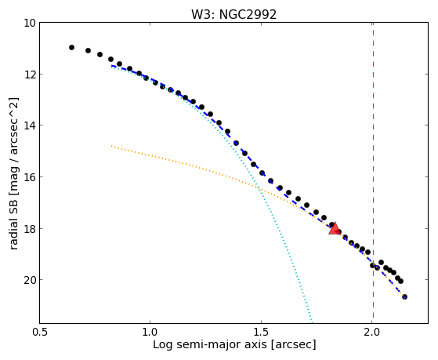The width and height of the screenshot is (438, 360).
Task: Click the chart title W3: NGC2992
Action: click(x=233, y=14)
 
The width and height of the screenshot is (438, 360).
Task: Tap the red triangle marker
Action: click(x=334, y=228)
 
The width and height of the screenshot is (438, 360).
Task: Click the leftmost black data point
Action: click(x=71, y=48)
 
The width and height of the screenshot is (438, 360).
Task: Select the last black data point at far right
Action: click(x=404, y=296)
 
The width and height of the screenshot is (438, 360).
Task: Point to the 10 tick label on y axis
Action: click(x=30, y=23)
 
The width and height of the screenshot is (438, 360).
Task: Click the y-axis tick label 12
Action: click(x=30, y=75)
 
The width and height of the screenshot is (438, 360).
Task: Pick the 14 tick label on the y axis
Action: click(x=30, y=125)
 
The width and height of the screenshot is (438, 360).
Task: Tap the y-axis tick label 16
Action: click(x=30, y=177)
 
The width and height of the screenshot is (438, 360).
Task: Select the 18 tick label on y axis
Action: click(x=30, y=228)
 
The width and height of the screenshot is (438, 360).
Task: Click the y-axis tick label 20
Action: click(x=30, y=280)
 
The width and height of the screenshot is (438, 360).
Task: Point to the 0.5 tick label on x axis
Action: click(x=40, y=333)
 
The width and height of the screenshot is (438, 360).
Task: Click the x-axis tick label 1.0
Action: click(x=150, y=333)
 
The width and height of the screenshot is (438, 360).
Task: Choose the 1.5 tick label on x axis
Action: click(x=261, y=333)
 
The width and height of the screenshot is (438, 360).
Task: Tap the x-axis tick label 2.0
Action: click(x=372, y=333)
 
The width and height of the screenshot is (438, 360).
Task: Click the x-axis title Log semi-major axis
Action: click(x=210, y=344)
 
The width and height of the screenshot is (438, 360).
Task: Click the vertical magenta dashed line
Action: click(x=373, y=173)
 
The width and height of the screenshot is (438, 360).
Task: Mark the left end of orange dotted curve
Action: click(x=111, y=146)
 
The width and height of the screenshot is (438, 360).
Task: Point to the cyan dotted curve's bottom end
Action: click(x=312, y=322)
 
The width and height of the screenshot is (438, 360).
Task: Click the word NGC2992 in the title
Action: click(x=248, y=14)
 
